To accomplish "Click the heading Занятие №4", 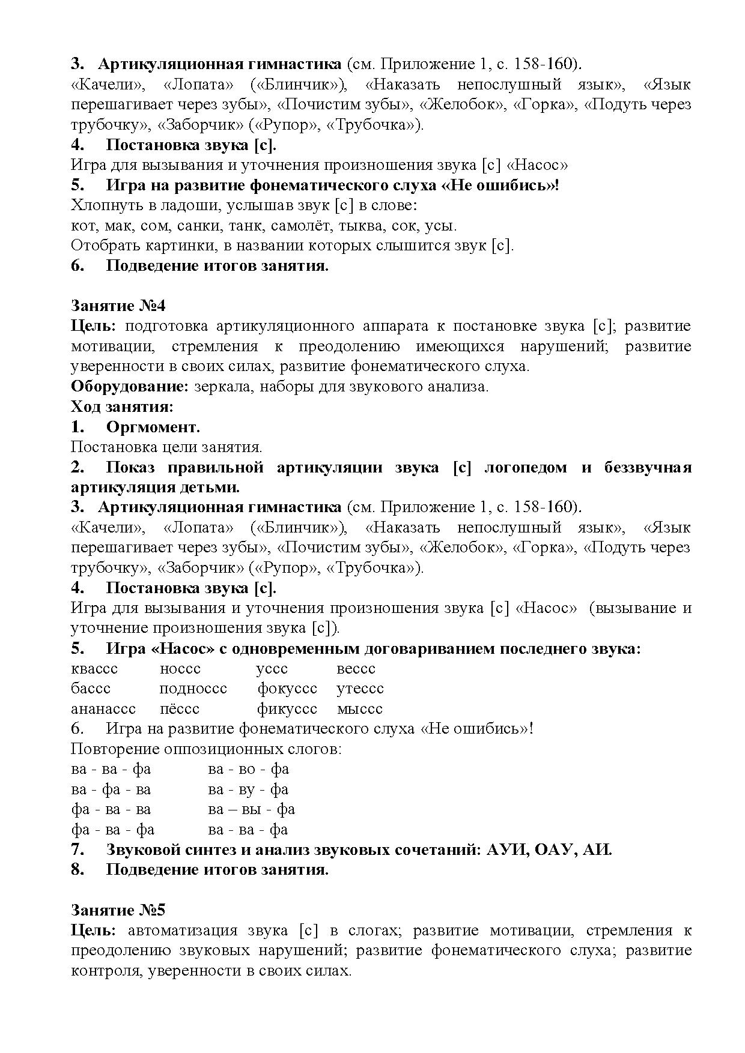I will pyautogui.click(x=118, y=306).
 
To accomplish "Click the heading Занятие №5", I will pyautogui.click(x=118, y=910).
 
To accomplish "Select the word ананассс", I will pyautogui.click(x=103, y=709).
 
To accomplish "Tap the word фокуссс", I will pyautogui.click(x=287, y=689).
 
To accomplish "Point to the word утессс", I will pyautogui.click(x=360, y=689).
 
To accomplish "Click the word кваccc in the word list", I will pyautogui.click(x=94, y=669).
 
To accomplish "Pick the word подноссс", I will pyautogui.click(x=193, y=689).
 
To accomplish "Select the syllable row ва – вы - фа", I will pyautogui.click(x=252, y=809).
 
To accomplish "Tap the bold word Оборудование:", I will pyautogui.click(x=130, y=387).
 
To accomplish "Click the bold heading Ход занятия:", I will pyautogui.click(x=122, y=407).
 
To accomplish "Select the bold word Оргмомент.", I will pyautogui.click(x=153, y=427).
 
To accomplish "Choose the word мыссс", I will pyautogui.click(x=359, y=709).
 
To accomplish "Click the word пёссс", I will pyautogui.click(x=179, y=709).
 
